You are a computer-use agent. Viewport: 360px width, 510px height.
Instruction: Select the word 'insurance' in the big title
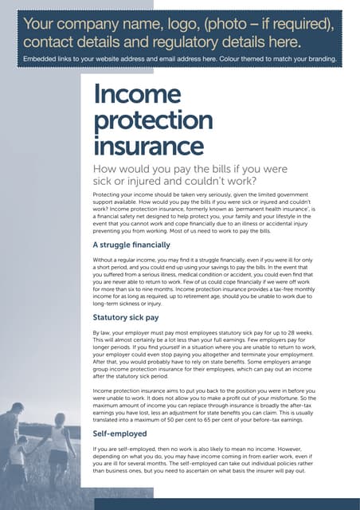(148, 147)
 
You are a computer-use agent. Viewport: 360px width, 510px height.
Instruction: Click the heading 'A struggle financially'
(131, 245)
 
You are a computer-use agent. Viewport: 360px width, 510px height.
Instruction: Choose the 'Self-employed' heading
(119, 433)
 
